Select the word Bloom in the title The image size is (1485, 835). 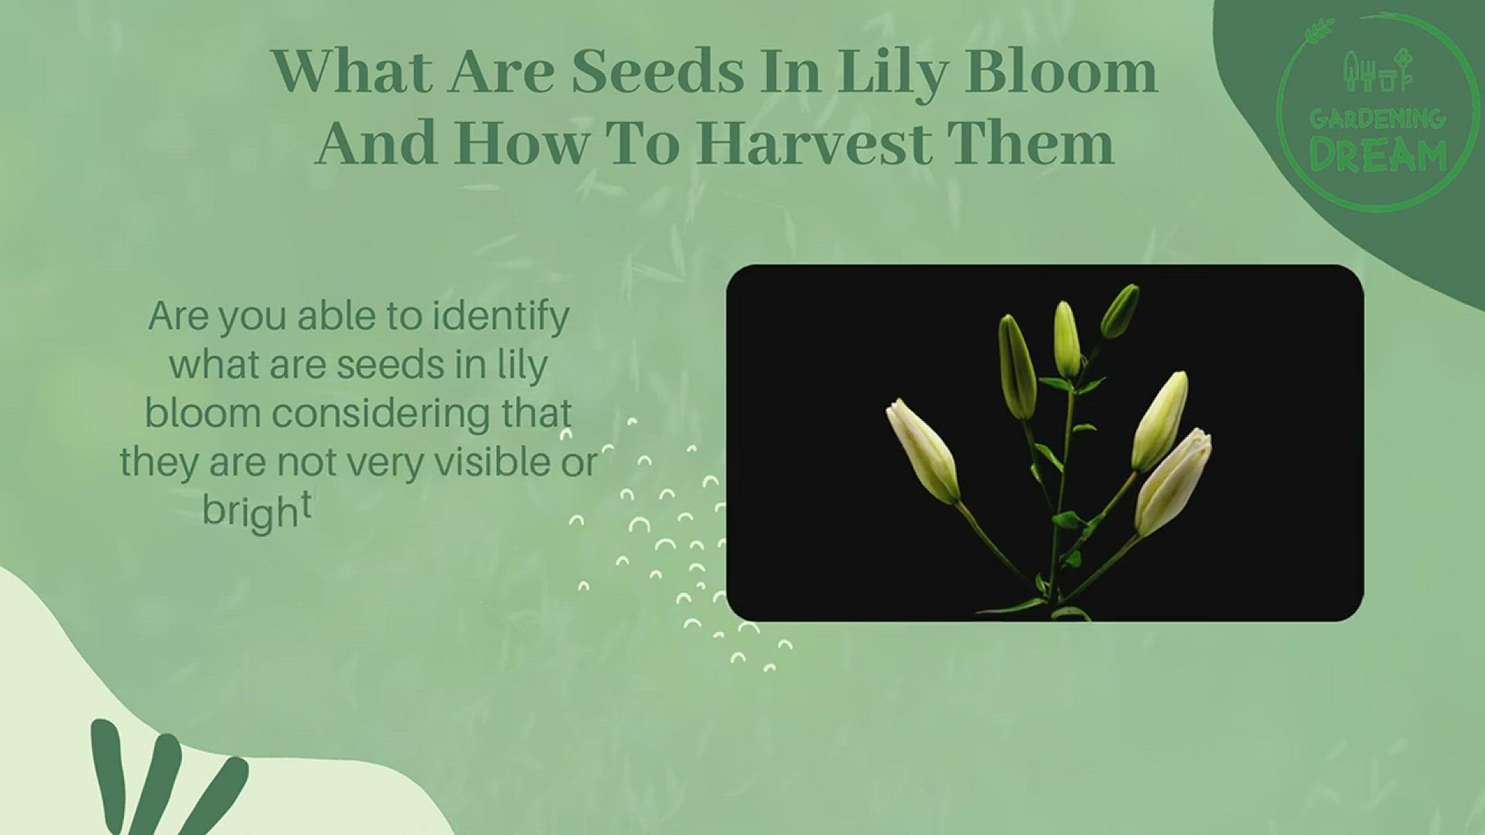point(1061,71)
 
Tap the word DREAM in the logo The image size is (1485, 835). point(1377,157)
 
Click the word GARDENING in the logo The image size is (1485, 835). point(1377,119)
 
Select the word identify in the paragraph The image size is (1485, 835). point(500,318)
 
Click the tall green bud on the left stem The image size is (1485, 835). point(1017,367)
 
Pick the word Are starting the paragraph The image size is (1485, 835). point(178,316)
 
